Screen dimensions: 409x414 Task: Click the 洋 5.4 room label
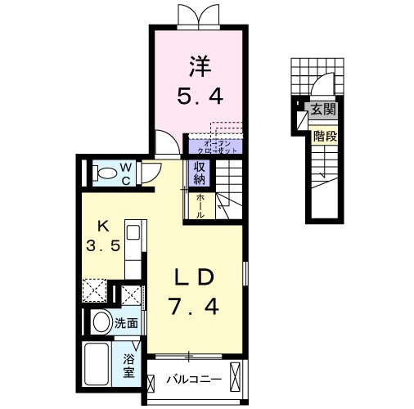coord(198,80)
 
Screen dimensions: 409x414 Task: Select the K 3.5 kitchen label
coord(103,236)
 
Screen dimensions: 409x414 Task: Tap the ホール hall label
coord(200,204)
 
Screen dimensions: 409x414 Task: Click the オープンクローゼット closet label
coord(214,146)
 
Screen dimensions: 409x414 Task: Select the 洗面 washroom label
coord(126,322)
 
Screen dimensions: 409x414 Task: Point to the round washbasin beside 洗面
coord(101,322)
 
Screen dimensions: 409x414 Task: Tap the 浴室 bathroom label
coord(129,366)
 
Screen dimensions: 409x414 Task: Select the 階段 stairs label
coord(325,137)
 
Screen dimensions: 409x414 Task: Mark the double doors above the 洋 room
coord(197,16)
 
